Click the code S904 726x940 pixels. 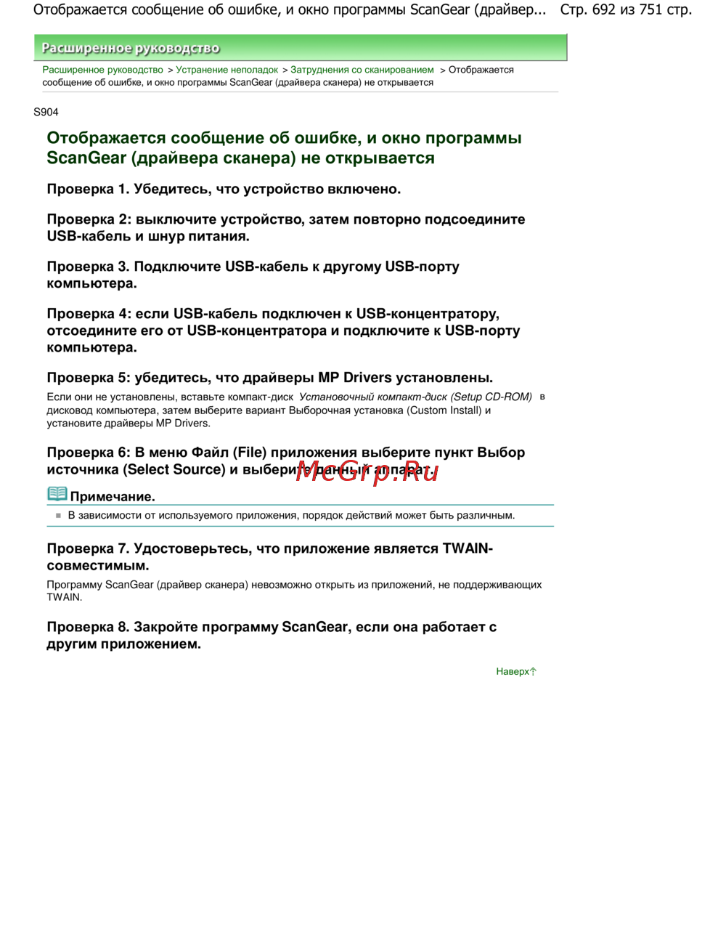46,112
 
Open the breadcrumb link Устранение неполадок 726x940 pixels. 227,70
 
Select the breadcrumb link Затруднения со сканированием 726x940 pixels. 362,70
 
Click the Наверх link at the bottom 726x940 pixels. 515,671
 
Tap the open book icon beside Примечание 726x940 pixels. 57,494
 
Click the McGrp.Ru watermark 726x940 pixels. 367,471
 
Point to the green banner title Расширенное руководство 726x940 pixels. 131,48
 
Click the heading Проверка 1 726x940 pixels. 88,189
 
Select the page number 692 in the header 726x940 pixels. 604,9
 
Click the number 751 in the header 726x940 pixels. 651,9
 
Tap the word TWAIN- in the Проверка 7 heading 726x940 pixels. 468,548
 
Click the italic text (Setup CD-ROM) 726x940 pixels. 492,397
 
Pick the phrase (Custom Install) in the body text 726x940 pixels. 444,410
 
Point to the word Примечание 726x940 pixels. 113,497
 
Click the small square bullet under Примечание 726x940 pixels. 58,515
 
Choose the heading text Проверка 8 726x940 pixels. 88,627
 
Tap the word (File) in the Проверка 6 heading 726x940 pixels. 249,453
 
